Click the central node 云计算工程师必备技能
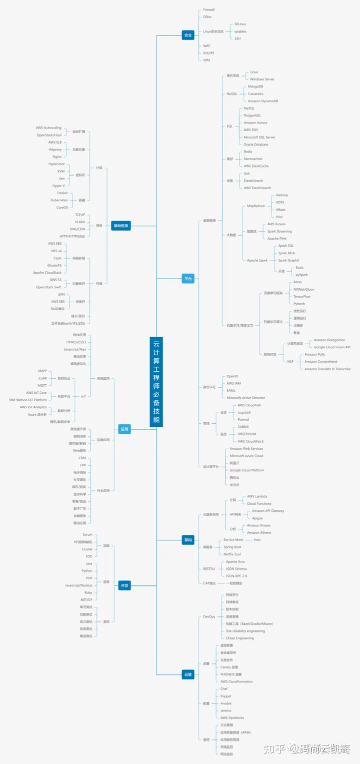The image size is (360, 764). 156,382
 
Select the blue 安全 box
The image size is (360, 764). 188,36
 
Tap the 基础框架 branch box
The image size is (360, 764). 120,226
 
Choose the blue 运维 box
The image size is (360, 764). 188,674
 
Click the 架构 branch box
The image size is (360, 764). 188,540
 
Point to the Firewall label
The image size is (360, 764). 209,10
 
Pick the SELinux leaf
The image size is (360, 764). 240,24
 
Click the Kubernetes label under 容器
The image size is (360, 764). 59,200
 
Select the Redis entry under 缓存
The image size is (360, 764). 248,152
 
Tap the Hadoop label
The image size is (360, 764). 282,195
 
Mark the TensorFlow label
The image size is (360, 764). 302,297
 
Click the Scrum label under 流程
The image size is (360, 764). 87,535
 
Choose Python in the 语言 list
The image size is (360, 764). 87,570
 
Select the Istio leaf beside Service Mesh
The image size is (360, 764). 257,540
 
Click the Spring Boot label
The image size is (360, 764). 232,547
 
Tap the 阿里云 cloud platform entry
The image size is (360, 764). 234,463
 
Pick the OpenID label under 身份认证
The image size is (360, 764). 232,376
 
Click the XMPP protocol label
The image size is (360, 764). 42,371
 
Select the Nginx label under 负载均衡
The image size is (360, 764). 57,157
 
